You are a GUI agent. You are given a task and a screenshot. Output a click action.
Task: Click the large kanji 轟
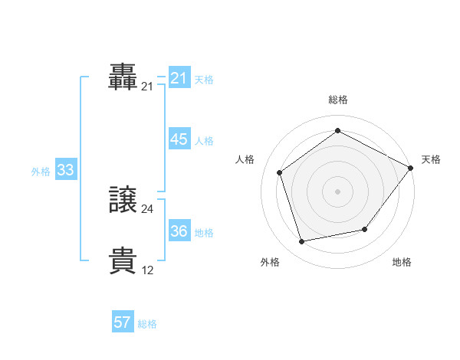(123, 77)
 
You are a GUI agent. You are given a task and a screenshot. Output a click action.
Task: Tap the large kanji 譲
(123, 201)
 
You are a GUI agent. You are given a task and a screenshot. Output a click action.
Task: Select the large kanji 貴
(123, 261)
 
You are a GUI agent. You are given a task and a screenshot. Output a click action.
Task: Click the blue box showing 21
(179, 78)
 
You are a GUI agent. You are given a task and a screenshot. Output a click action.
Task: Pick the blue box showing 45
(179, 139)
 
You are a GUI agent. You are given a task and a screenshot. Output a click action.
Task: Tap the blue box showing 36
(179, 231)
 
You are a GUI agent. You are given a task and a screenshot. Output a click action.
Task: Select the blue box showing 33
(65, 170)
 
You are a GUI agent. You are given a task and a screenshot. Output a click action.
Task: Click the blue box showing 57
(123, 322)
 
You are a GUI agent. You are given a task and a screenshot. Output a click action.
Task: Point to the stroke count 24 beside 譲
(148, 209)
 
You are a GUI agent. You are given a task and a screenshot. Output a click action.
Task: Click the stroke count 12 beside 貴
(148, 270)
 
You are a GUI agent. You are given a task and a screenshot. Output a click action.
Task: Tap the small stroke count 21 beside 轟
(148, 87)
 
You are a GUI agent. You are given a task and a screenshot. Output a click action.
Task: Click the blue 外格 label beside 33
(41, 172)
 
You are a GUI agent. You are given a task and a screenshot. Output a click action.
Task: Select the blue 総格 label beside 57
(147, 324)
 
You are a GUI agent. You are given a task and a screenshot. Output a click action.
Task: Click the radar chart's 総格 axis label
(338, 100)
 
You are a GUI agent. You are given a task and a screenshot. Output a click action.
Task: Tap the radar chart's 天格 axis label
(431, 159)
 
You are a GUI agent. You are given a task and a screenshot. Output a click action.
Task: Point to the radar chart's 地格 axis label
(402, 262)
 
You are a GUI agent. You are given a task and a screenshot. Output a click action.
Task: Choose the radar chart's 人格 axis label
(245, 159)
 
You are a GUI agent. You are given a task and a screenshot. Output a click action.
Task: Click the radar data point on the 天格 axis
(411, 168)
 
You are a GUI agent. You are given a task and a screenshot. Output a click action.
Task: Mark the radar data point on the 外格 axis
(302, 241)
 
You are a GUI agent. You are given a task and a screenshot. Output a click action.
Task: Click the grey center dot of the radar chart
(338, 191)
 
